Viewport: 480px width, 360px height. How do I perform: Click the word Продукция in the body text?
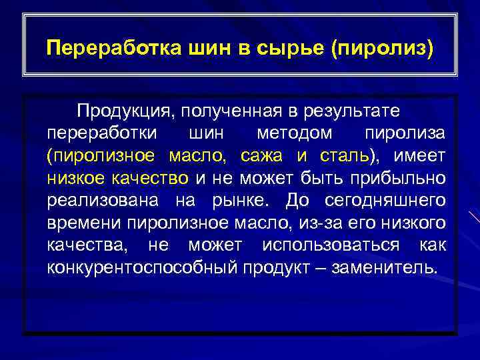[x=123, y=109]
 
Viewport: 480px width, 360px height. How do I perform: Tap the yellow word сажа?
[x=263, y=155]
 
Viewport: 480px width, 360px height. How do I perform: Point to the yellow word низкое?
[x=77, y=178]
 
